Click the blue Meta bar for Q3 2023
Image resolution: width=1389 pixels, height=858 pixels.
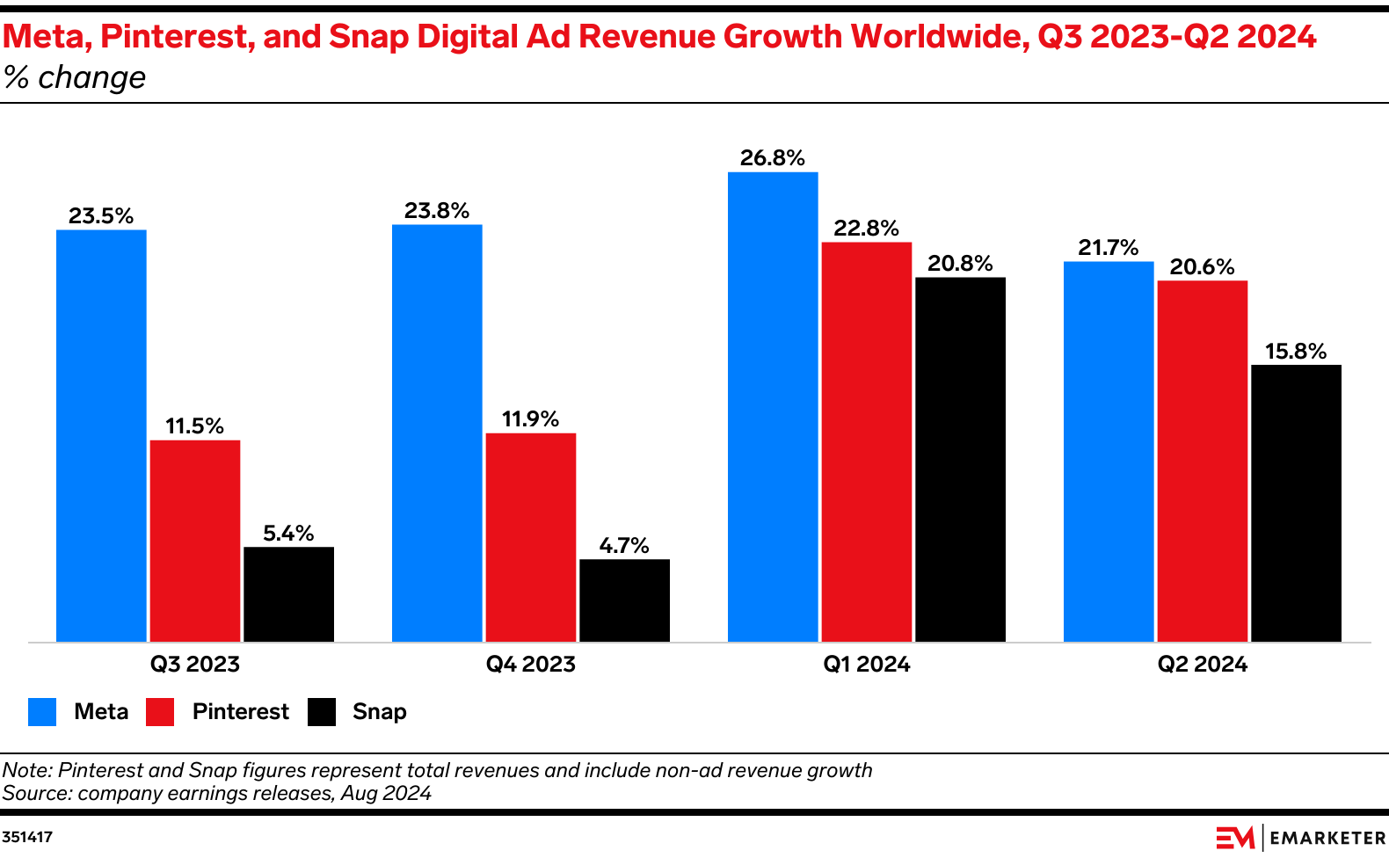(101, 435)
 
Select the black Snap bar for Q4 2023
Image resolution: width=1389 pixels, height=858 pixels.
(624, 600)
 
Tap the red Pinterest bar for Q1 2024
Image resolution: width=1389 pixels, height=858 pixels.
(866, 441)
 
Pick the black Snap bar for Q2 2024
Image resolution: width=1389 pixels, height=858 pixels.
(1296, 503)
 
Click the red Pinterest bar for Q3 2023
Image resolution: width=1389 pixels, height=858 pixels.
(195, 541)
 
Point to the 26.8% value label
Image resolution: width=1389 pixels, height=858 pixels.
(772, 158)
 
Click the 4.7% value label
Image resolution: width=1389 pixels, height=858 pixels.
(624, 546)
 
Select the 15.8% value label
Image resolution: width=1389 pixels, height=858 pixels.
(1296, 352)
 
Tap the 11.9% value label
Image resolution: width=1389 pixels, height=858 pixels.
(530, 419)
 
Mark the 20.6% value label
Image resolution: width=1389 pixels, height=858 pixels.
(1202, 267)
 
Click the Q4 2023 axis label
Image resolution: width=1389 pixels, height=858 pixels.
(530, 665)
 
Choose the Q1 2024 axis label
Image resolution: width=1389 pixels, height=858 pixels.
(866, 665)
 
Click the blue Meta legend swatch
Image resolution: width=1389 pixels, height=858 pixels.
(42, 712)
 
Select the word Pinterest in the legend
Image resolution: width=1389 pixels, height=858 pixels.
(240, 712)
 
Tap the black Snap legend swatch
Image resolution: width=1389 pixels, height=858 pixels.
(322, 712)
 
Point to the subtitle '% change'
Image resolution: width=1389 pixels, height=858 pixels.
(74, 78)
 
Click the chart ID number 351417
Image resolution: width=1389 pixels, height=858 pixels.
(27, 837)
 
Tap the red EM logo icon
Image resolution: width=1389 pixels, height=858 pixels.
(1235, 838)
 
